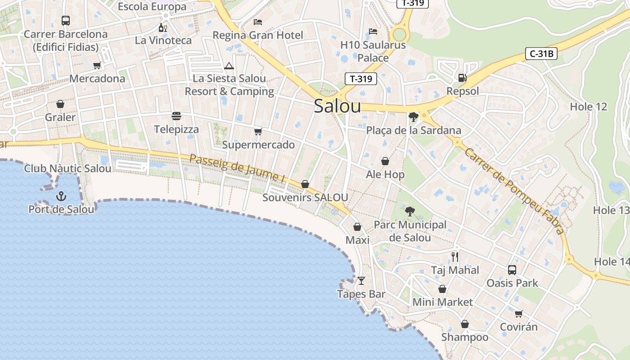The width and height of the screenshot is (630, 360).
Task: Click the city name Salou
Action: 337,106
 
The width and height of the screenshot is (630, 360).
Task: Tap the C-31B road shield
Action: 541,54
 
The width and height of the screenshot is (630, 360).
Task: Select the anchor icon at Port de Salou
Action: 61,196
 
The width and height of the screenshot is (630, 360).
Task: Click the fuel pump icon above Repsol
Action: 462,78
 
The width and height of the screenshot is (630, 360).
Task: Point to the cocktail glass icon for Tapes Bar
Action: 361,281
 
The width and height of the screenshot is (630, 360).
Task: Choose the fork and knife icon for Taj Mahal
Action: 455,257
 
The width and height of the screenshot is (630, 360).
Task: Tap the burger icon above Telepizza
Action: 176,116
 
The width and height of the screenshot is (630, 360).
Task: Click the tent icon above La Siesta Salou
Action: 229,66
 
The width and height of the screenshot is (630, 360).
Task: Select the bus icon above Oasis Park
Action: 512,270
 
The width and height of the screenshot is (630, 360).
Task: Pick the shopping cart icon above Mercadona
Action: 97,65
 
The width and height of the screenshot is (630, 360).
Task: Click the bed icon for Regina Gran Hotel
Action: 258,22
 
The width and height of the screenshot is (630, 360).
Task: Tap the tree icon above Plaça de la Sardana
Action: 413,117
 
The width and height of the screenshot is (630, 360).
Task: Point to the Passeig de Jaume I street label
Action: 237,168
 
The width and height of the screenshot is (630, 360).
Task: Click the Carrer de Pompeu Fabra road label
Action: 513,191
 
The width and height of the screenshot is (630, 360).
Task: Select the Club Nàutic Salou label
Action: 67,169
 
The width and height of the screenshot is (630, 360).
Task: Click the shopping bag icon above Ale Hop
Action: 385,161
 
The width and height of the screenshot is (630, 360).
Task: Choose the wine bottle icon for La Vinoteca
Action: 162,27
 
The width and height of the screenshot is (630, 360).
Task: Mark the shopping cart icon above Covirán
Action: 519,314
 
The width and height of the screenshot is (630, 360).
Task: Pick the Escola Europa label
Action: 152,7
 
